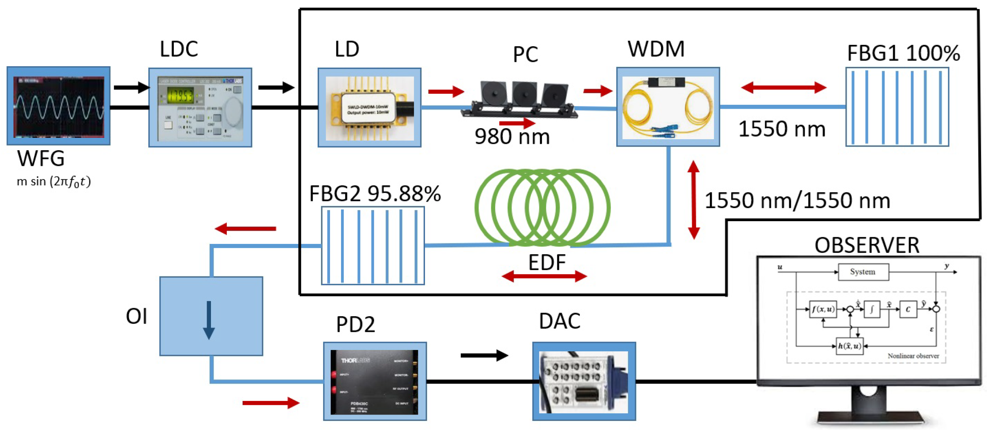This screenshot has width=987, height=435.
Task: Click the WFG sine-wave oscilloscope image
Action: (59, 106)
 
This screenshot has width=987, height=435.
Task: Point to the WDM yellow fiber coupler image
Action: (667, 107)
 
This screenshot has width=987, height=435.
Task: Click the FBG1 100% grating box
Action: (897, 107)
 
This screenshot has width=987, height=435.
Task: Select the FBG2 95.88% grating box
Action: (372, 246)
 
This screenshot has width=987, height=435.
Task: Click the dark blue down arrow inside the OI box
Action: (209, 320)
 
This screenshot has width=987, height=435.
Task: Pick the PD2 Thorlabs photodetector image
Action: (374, 381)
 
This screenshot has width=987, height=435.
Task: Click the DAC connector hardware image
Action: (583, 381)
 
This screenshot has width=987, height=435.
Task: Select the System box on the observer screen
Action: (863, 272)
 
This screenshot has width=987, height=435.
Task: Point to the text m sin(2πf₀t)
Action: (53, 181)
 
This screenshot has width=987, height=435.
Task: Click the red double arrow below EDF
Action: (544, 276)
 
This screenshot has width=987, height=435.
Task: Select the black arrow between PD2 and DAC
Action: (484, 355)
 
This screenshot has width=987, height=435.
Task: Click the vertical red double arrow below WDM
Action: (693, 200)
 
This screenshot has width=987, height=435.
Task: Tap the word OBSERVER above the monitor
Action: (867, 246)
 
